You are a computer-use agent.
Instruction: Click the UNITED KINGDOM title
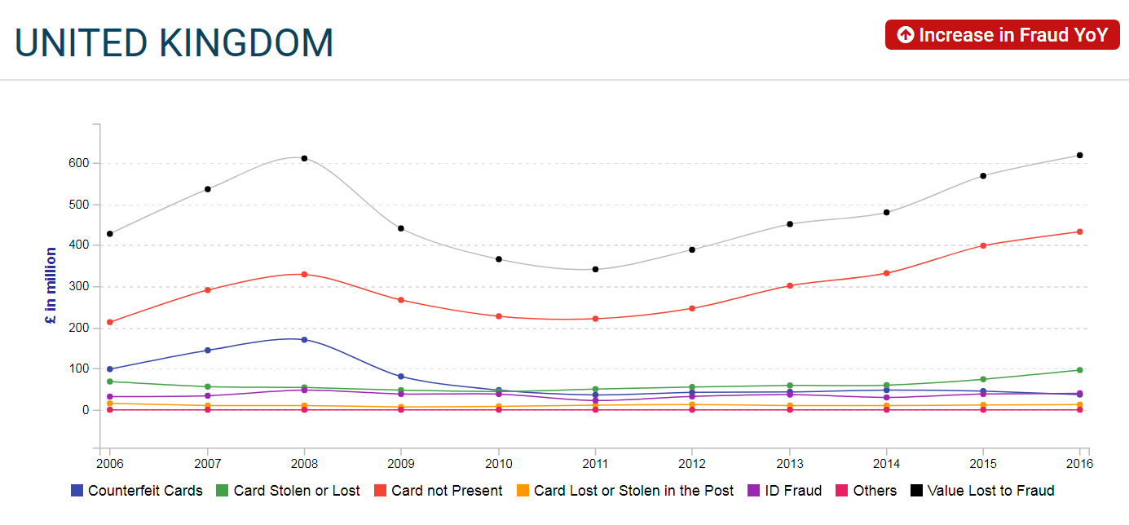174,43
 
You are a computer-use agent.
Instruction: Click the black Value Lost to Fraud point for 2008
304,158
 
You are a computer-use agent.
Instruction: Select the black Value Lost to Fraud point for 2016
1080,155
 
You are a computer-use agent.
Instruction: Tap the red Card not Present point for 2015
983,245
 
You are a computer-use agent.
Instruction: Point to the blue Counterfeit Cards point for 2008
304,339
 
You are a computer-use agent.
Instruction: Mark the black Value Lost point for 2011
595,269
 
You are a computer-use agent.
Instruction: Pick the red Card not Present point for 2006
110,322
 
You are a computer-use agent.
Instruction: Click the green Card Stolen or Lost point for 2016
1080,370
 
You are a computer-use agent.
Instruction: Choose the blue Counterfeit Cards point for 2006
110,369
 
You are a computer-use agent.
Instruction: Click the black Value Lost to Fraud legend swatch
916,491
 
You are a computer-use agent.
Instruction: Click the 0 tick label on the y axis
85,410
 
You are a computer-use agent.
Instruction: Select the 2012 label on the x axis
692,464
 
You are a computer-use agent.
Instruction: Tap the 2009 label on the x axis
401,464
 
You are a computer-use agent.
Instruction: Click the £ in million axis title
51,286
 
